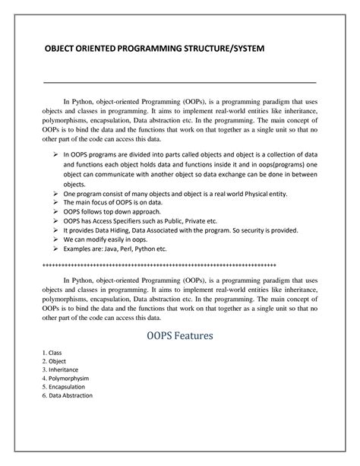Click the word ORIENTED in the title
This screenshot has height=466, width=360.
(97, 50)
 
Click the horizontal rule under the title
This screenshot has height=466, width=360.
(180, 80)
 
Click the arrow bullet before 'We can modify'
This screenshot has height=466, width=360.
(57, 239)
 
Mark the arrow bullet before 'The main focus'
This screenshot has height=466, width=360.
(57, 203)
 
